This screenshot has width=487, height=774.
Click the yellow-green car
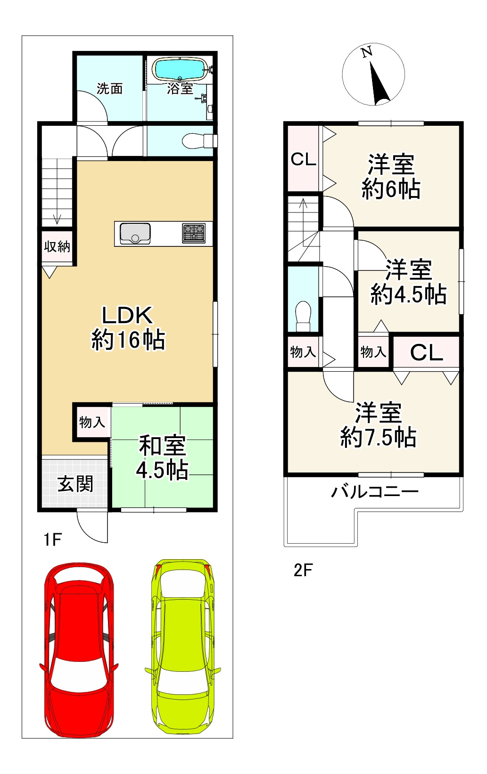(184, 645)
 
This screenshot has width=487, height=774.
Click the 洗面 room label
(109, 89)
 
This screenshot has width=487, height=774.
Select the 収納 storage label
(57, 246)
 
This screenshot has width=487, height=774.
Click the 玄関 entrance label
(75, 484)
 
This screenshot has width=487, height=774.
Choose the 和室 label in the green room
(162, 445)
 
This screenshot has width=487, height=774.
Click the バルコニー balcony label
(374, 492)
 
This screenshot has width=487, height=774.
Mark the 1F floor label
(52, 539)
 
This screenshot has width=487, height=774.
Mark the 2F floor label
(303, 570)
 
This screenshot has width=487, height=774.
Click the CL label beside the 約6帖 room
(303, 160)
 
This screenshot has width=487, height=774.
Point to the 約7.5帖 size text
(378, 437)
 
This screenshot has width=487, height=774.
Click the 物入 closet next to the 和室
(92, 422)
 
